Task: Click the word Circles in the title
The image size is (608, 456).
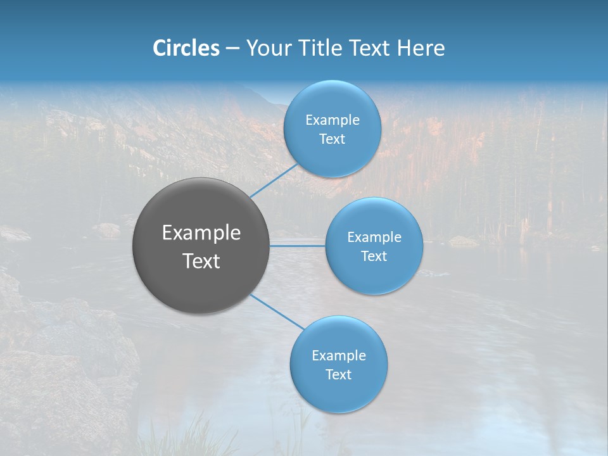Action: coord(186,48)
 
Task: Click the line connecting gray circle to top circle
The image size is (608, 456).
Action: coord(274,180)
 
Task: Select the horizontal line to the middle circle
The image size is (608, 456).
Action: coord(298,246)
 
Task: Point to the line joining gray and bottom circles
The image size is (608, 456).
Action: coord(277,312)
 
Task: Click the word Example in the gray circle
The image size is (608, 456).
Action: coord(201,233)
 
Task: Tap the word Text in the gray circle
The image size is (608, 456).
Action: coord(201,261)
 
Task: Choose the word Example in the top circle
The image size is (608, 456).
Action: coord(332,120)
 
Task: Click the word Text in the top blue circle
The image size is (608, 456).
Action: coord(332,139)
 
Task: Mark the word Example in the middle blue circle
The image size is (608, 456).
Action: coord(374,237)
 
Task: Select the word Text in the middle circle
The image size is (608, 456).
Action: coord(374,256)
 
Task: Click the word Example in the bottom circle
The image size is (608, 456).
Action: coord(339,356)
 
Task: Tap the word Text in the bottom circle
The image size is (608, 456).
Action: coord(339,375)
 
